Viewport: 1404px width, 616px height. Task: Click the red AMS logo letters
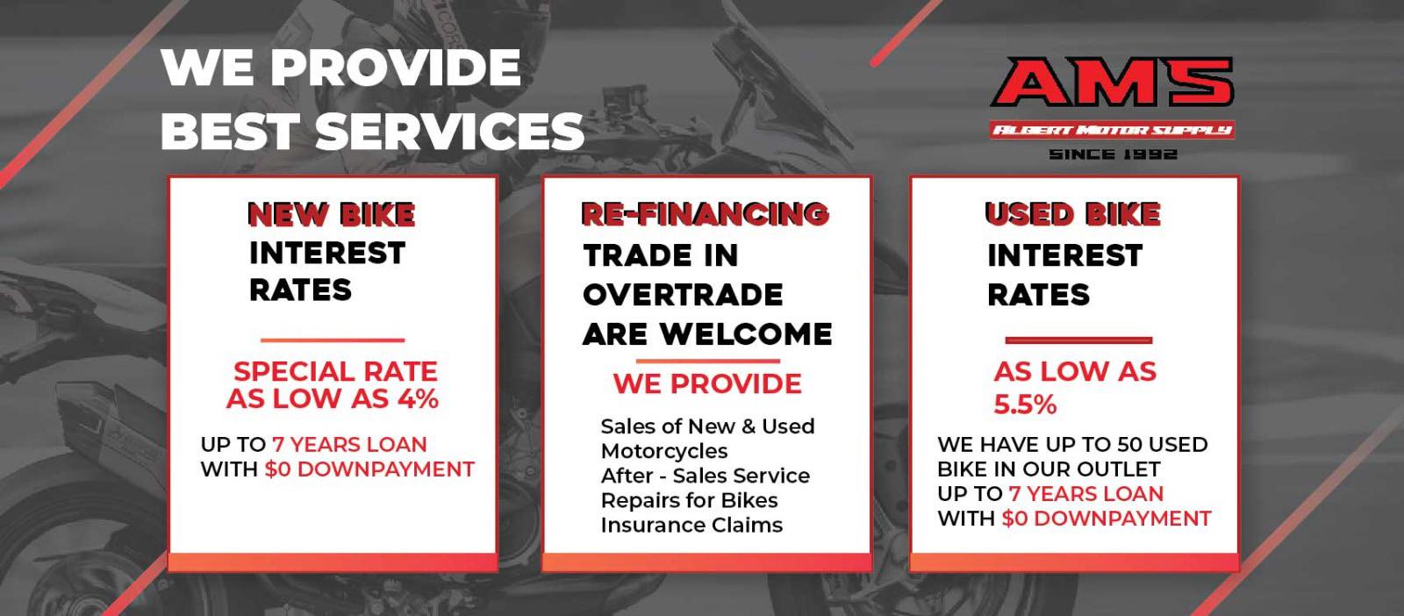1112,82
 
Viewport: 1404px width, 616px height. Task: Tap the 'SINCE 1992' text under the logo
1114,154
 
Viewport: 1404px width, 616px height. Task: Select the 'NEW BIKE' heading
332,214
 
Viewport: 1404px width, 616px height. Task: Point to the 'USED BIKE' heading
1072,214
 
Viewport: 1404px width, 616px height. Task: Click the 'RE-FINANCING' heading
706,214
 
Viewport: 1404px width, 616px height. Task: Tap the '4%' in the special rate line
418,398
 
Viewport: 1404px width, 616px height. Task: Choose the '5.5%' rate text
1026,405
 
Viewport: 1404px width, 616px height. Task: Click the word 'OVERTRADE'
683,295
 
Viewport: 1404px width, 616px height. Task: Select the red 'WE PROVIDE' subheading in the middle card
707,383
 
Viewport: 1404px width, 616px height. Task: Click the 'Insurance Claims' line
692,525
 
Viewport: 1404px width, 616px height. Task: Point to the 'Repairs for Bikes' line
690,501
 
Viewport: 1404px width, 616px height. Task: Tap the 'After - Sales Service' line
706,476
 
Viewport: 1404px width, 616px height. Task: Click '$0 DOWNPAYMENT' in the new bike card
369,469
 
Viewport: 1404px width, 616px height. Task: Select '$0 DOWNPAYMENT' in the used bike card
1107,519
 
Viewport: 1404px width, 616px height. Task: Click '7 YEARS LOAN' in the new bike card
349,444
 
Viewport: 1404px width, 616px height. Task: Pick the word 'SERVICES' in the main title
449,132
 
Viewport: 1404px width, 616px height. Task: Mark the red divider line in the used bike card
1078,340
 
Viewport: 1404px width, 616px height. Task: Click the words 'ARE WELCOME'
707,334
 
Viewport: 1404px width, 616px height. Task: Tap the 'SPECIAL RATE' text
335,371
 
